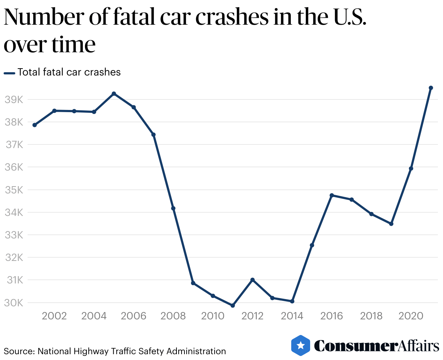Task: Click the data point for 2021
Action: (x=431, y=88)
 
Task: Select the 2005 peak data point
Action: (x=114, y=94)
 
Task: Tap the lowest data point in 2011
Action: (x=233, y=306)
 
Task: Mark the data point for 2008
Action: (x=173, y=208)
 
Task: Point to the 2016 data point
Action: (x=332, y=195)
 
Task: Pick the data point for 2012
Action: (x=252, y=280)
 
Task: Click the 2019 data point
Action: (x=391, y=224)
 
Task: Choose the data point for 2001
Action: (x=34, y=125)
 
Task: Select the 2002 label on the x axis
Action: (x=54, y=316)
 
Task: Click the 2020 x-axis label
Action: (x=411, y=316)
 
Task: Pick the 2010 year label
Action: (x=213, y=316)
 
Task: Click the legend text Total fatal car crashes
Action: (x=69, y=72)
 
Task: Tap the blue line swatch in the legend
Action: (x=9, y=73)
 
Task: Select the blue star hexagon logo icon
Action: (x=301, y=345)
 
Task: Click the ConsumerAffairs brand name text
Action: (x=376, y=346)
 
